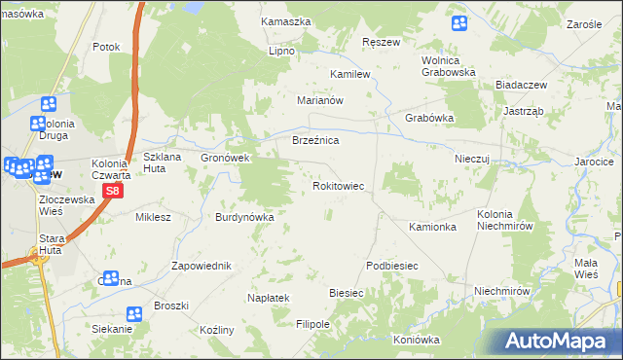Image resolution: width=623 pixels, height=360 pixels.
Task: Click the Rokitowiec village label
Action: (x=337, y=185)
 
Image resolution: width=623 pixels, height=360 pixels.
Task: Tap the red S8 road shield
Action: (x=114, y=192)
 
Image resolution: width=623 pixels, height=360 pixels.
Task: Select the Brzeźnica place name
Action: (x=315, y=141)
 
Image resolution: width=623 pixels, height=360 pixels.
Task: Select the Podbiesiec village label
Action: (x=391, y=266)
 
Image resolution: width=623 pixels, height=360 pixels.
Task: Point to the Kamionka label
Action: (x=432, y=227)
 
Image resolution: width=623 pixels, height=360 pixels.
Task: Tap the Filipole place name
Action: (x=313, y=323)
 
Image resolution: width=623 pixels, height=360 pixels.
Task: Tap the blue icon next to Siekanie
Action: (x=133, y=312)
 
